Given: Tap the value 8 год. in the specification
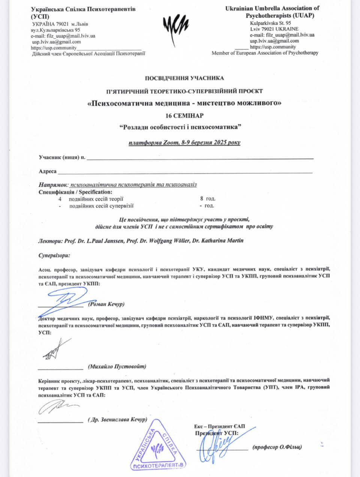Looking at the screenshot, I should [208, 199].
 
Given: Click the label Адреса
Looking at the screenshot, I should [48, 171].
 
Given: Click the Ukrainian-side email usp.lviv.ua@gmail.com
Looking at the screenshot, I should [57, 42].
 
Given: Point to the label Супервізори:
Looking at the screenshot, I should [54, 256].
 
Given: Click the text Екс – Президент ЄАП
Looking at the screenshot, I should [219, 426].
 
